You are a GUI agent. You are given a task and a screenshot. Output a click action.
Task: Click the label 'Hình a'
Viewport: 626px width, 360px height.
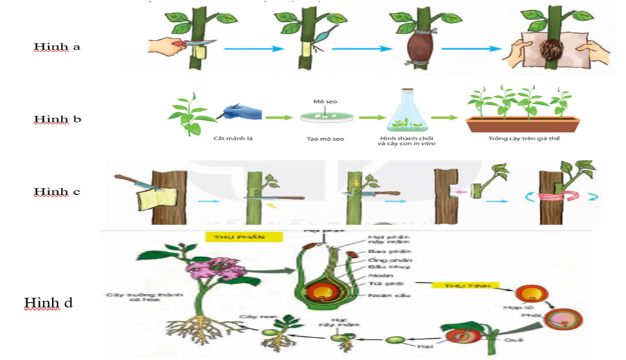[57, 46]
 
